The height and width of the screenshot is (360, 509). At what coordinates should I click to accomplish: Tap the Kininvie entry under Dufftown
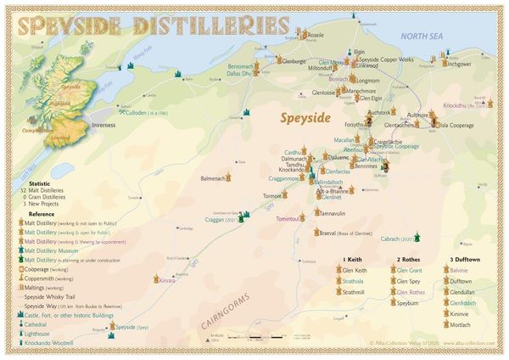(461, 313)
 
